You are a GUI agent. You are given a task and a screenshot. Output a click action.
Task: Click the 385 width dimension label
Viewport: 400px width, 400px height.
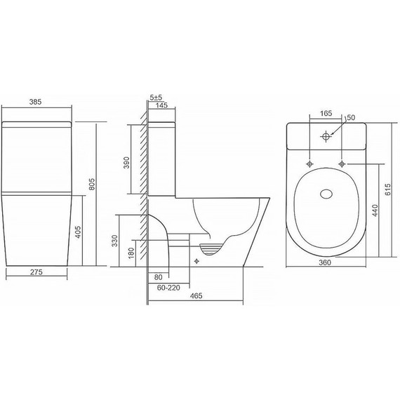coord(35,102)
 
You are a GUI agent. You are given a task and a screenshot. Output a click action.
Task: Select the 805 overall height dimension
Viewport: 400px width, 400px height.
coord(92,184)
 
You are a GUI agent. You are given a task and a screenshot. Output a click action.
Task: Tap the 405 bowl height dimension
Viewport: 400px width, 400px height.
coord(78,232)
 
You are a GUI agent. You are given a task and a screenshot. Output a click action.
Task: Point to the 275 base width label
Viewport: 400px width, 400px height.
coord(36,272)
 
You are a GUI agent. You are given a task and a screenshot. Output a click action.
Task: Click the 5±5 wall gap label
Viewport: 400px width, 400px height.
coord(156,98)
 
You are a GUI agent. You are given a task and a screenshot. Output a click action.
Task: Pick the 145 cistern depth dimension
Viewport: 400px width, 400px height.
coord(161,105)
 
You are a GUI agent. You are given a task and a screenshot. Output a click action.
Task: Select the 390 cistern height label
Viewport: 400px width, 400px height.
coord(126,163)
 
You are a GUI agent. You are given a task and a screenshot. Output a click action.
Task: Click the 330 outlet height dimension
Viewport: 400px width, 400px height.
coord(115,241)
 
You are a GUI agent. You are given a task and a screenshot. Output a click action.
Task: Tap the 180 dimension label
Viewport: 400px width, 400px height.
coord(131,253)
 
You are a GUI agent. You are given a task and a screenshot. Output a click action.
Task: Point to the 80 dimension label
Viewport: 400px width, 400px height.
coord(158,277)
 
